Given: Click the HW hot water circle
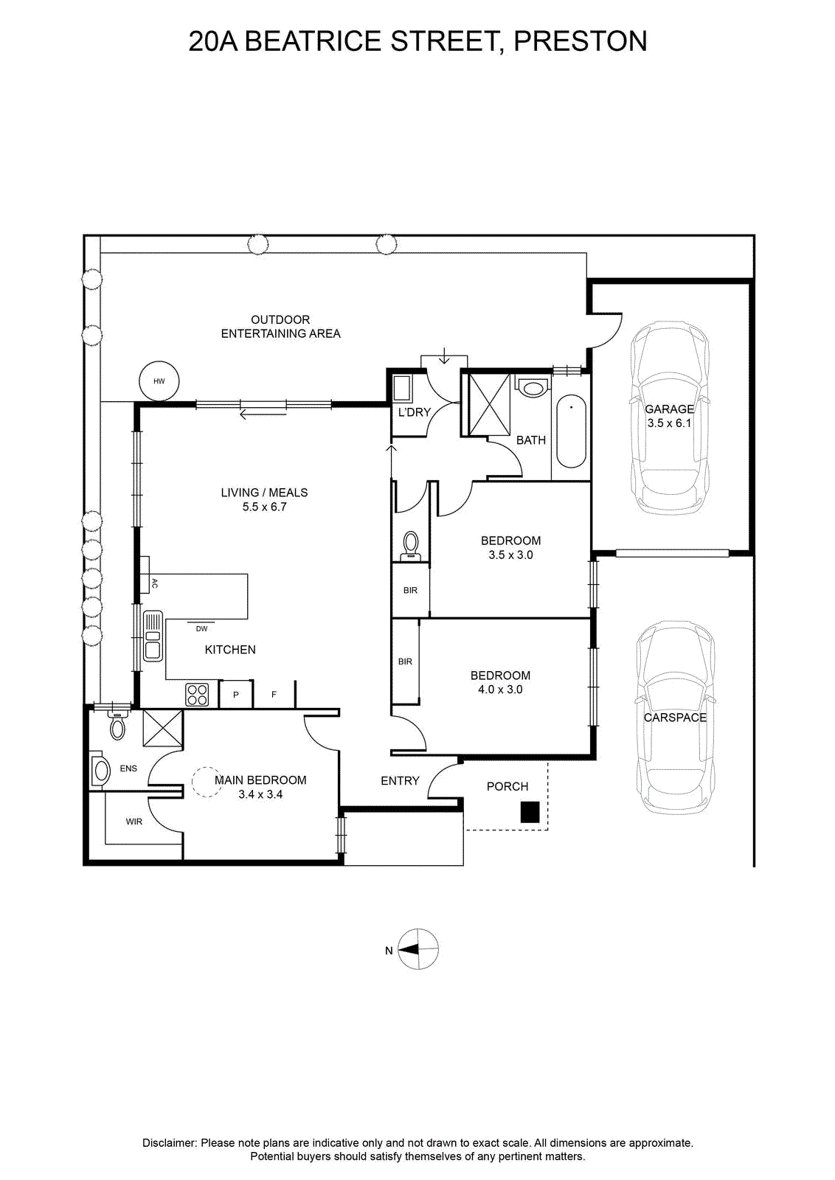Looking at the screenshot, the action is click(x=159, y=381).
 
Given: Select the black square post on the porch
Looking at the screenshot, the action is click(x=530, y=812).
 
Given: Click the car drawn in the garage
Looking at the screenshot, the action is click(x=670, y=417).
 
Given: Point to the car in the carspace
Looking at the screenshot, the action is click(x=675, y=718).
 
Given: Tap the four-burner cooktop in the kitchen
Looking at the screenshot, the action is click(x=197, y=694).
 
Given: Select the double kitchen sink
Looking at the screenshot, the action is click(x=153, y=635).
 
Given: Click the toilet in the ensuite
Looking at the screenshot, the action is click(x=117, y=726).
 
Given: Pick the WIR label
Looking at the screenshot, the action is click(x=134, y=822).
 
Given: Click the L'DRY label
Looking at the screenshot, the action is click(x=414, y=412).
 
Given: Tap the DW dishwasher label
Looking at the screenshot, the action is click(x=202, y=628).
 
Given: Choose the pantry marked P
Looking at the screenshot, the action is click(x=236, y=694).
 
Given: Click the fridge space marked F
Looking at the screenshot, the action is click(x=274, y=694).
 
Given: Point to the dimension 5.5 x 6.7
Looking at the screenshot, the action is click(x=264, y=507).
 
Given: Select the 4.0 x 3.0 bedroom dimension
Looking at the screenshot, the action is click(x=500, y=690).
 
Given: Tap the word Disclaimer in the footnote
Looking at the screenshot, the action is click(x=169, y=1142).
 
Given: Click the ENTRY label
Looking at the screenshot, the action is click(x=401, y=781).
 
